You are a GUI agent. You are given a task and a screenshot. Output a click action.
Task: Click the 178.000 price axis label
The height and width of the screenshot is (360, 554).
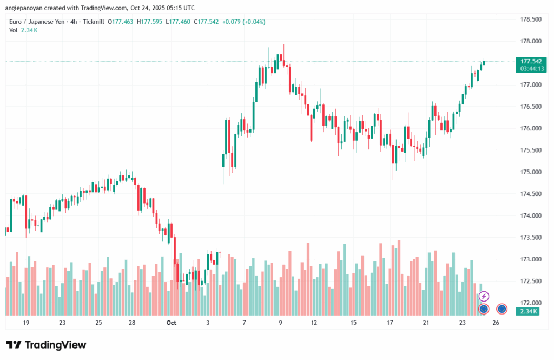pyautogui.click(x=530, y=41)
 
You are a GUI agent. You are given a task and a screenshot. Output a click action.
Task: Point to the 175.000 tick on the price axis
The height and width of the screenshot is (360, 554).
pyautogui.click(x=530, y=172)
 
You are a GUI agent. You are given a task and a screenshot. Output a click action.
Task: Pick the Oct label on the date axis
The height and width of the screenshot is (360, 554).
pyautogui.click(x=172, y=323)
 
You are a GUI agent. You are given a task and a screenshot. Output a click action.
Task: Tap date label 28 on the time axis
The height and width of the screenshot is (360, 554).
pyautogui.click(x=131, y=323)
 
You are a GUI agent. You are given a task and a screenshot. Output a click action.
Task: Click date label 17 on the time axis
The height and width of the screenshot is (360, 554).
pyautogui.click(x=390, y=323)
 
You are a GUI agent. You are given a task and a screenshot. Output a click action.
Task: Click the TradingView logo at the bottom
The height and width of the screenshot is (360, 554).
pyautogui.click(x=46, y=345)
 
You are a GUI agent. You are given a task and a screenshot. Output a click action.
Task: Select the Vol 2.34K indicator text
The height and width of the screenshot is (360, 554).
pyautogui.click(x=23, y=30)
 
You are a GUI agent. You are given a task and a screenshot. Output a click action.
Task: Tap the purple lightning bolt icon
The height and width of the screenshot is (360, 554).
pyautogui.click(x=484, y=296)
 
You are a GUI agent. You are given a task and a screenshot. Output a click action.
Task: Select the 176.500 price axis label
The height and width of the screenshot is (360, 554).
pyautogui.click(x=530, y=107)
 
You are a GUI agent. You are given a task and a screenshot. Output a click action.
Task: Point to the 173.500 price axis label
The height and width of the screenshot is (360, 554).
pyautogui.click(x=530, y=237)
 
